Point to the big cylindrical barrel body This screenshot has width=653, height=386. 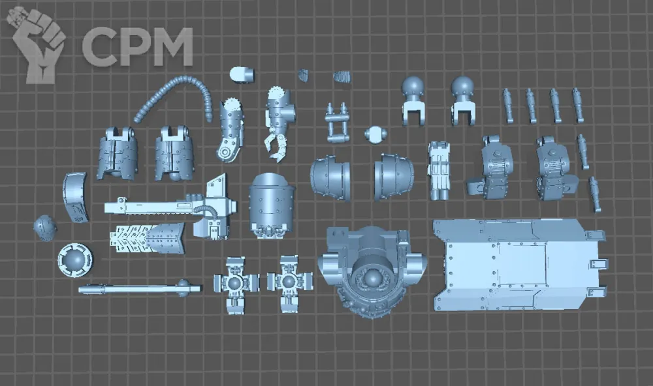[271, 206]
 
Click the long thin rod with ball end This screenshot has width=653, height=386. [140, 288]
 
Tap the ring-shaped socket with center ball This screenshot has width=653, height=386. [75, 260]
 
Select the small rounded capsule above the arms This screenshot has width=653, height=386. [242, 74]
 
